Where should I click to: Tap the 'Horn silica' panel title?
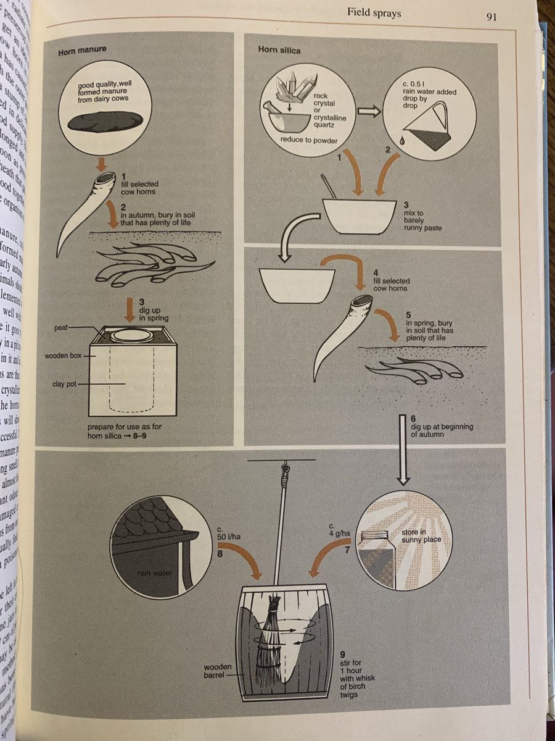pyautogui.click(x=279, y=50)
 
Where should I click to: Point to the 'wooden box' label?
pyautogui.click(x=63, y=356)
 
